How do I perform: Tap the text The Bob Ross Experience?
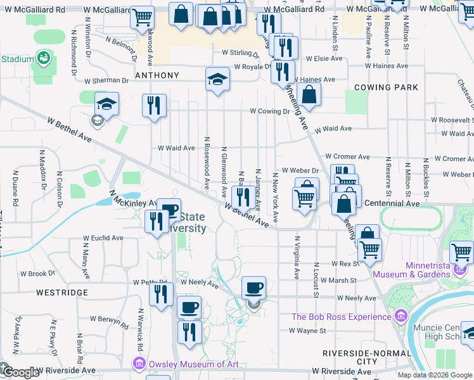(342, 317)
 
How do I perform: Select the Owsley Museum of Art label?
(185, 364)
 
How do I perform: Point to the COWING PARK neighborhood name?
(386, 87)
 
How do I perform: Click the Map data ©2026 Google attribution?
(435, 375)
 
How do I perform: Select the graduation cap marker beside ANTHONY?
(217, 79)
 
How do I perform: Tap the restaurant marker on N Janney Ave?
(242, 198)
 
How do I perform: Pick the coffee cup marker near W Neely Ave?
(254, 288)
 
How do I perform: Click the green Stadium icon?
(44, 59)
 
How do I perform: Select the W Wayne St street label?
(307, 330)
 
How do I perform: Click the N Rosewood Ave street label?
(207, 163)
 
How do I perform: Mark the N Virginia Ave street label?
(296, 258)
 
